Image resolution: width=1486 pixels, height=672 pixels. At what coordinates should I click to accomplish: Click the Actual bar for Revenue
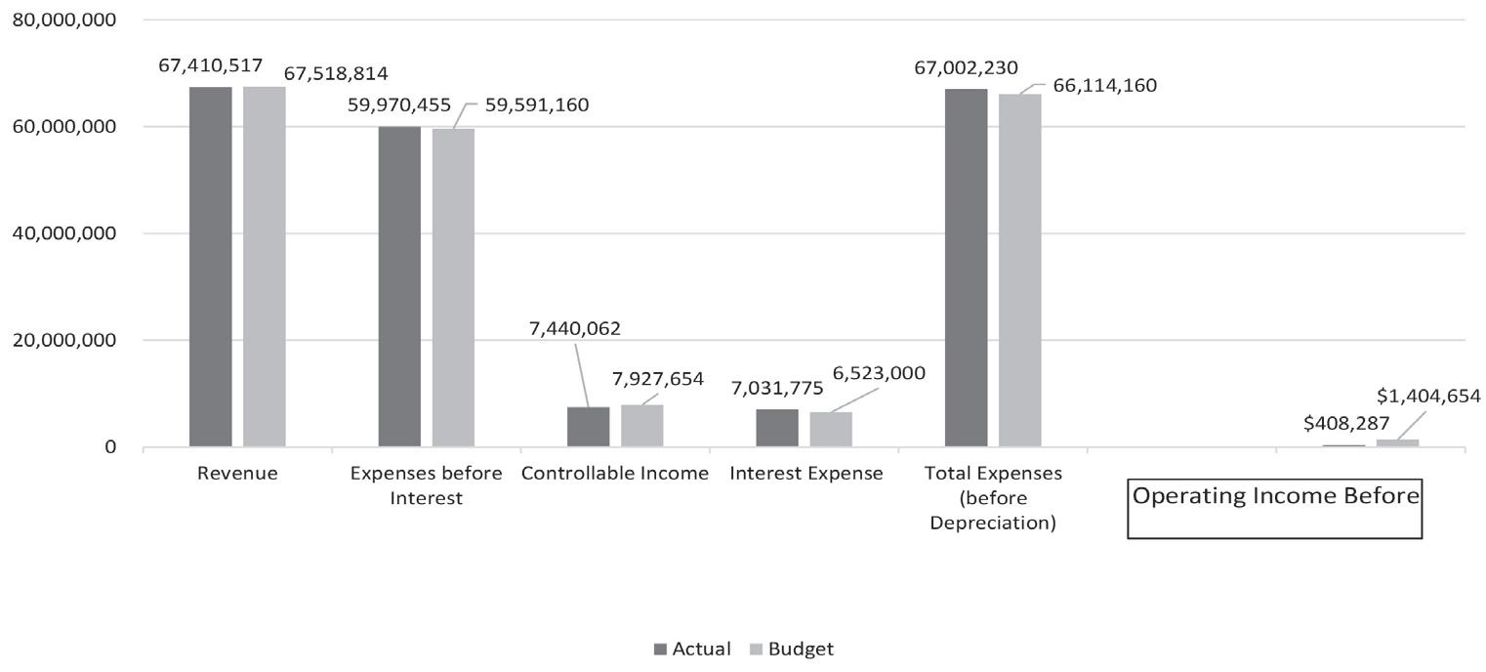click(211, 267)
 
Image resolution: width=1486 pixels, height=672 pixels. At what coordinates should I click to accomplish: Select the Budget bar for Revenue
click(265, 267)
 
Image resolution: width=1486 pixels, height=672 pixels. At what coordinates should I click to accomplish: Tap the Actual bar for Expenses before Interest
click(399, 286)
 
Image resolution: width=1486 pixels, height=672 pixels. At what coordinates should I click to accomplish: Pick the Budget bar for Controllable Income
click(641, 426)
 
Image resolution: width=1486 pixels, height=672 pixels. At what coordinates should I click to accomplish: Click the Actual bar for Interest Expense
click(777, 428)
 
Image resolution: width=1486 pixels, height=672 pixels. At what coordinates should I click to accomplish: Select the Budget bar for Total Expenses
click(1019, 271)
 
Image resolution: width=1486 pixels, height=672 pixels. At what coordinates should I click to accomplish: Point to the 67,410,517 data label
click(210, 65)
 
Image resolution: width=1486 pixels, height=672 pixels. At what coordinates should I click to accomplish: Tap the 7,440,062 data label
click(575, 328)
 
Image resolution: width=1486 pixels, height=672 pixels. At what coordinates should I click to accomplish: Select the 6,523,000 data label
click(879, 373)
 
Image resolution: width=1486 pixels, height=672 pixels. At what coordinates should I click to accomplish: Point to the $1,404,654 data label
click(1428, 396)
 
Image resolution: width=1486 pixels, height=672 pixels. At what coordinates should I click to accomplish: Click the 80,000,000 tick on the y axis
click(62, 20)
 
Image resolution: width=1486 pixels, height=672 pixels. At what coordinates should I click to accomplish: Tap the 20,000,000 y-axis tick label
click(62, 340)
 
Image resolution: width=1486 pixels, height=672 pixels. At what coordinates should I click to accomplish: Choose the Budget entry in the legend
click(792, 650)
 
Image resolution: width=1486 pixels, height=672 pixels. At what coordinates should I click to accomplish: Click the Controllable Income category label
click(615, 474)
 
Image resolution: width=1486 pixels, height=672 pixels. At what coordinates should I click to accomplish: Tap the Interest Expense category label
click(805, 474)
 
